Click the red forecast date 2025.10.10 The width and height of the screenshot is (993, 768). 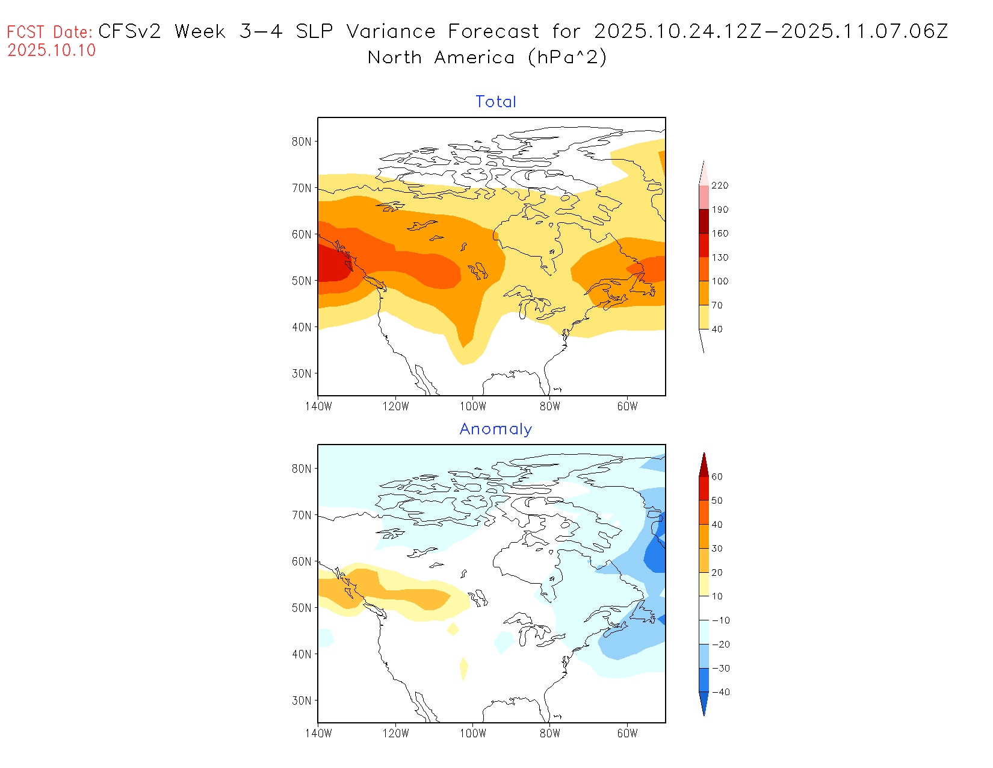click(52, 50)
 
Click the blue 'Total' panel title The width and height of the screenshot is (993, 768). click(496, 102)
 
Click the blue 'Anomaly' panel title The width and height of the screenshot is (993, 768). click(496, 429)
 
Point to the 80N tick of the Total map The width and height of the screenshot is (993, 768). click(302, 142)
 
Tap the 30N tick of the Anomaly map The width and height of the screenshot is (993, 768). click(302, 701)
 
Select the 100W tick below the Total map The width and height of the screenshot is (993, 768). click(472, 407)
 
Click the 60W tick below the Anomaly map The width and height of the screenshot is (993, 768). click(627, 734)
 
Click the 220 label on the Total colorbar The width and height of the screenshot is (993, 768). click(720, 186)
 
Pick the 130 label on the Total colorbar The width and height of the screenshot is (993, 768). click(720, 258)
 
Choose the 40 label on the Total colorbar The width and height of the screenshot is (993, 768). click(717, 329)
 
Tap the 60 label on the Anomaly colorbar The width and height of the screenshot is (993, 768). click(717, 476)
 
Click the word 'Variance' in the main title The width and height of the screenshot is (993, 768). click(391, 31)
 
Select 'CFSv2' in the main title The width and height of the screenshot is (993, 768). click(129, 31)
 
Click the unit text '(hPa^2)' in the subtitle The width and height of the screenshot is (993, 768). click(567, 57)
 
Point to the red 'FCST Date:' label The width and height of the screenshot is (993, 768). click(50, 32)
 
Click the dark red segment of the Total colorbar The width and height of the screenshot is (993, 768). click(704, 221)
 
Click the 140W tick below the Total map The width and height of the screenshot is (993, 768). click(318, 407)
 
